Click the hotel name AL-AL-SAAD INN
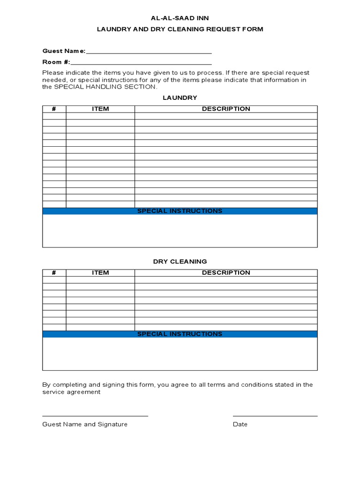click(x=180, y=18)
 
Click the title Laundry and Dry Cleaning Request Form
click(x=180, y=29)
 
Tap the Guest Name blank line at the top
click(x=149, y=53)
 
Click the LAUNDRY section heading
click(x=180, y=97)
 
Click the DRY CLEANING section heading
click(x=180, y=261)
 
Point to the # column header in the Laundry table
click(x=54, y=109)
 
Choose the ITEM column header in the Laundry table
click(x=100, y=109)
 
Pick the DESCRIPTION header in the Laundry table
click(x=226, y=109)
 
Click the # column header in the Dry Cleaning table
click(x=54, y=272)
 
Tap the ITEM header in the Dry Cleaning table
click(x=100, y=272)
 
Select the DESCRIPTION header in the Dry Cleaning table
click(x=226, y=272)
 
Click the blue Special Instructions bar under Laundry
click(x=180, y=211)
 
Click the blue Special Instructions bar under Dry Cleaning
click(x=180, y=334)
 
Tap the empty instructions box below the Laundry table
click(x=180, y=231)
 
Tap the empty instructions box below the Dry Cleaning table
click(x=180, y=354)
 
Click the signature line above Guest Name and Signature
click(x=95, y=416)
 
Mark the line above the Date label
click(x=275, y=416)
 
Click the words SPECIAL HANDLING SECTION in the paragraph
click(x=105, y=87)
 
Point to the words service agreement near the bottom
click(x=71, y=392)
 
